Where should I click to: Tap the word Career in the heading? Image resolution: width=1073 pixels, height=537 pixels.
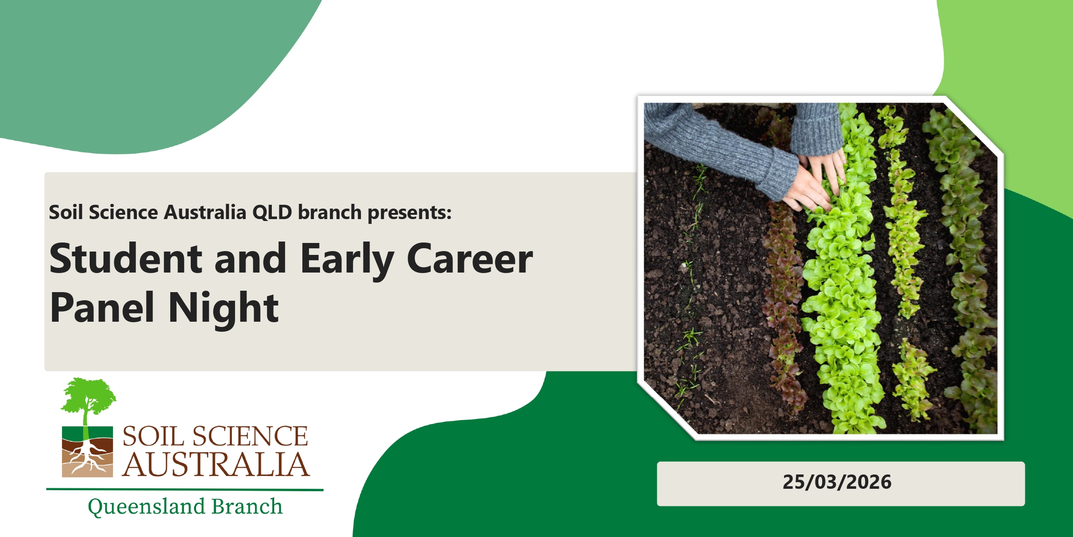470,258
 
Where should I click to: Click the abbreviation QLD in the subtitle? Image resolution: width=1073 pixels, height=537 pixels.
272,212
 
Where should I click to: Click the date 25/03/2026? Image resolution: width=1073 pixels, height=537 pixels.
837,482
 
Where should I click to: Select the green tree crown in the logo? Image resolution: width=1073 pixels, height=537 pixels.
89,395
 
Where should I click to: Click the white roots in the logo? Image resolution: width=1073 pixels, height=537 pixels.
87,459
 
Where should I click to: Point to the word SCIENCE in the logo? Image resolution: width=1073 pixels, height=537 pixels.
250,436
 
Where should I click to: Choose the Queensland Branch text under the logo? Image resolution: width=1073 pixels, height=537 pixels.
185,506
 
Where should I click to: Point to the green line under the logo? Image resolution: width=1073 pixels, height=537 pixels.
185,489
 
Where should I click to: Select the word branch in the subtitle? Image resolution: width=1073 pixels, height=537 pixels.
330,212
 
